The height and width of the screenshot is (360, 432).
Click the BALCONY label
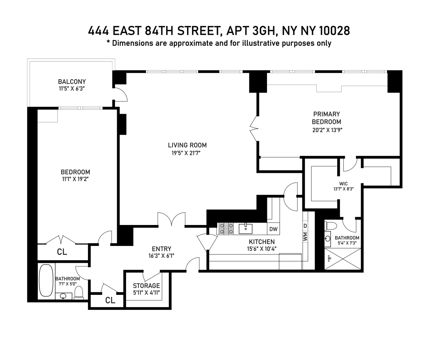72,81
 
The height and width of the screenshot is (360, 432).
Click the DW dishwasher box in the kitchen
273,229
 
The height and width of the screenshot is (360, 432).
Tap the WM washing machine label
305,236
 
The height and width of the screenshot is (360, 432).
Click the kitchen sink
246,228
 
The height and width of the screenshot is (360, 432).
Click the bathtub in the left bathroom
46,280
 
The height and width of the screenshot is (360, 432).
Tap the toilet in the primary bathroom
330,226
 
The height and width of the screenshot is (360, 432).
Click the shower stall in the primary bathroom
342,258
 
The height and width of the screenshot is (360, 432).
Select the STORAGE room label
146,285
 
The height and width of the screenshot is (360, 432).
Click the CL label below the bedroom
62,252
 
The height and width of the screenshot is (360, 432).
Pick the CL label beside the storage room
110,300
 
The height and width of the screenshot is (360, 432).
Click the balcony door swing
120,94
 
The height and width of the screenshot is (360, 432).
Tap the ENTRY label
161,249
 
